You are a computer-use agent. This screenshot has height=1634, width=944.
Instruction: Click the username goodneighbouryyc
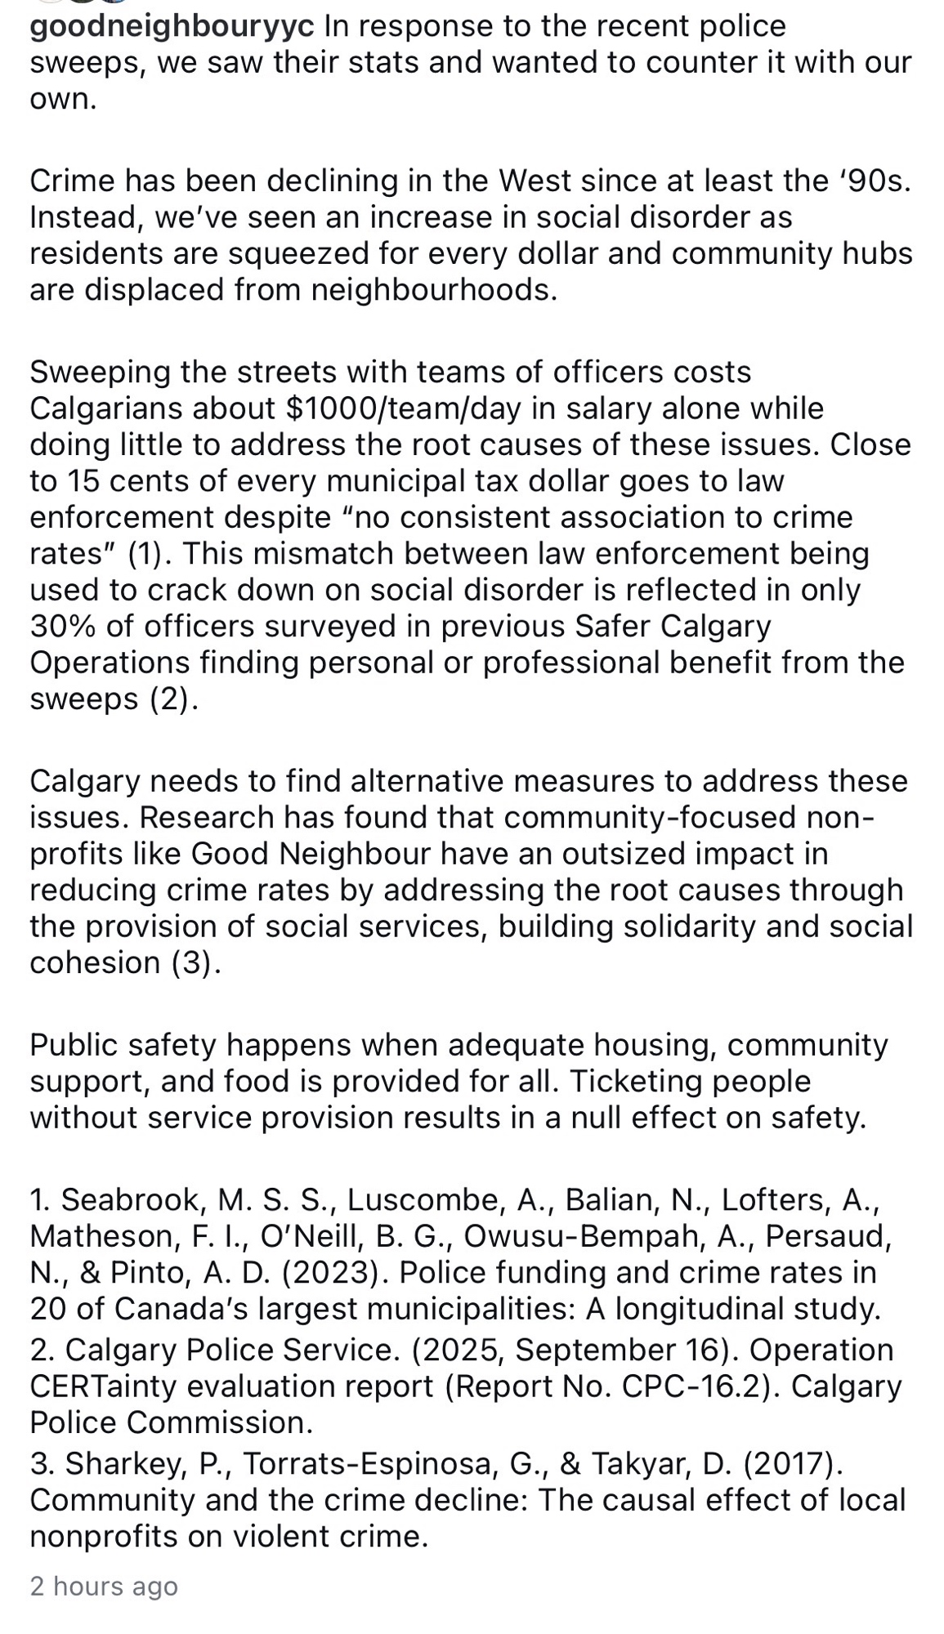coord(172,27)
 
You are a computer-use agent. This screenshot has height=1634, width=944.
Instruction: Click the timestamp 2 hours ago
coord(104,1586)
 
